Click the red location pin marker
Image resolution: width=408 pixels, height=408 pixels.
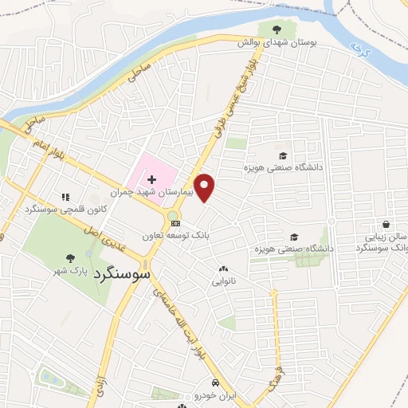[x=206, y=187]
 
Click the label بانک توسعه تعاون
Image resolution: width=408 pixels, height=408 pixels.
[x=176, y=236]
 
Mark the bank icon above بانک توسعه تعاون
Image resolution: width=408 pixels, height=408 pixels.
[x=175, y=224]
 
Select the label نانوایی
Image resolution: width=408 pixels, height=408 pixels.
[x=223, y=281]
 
